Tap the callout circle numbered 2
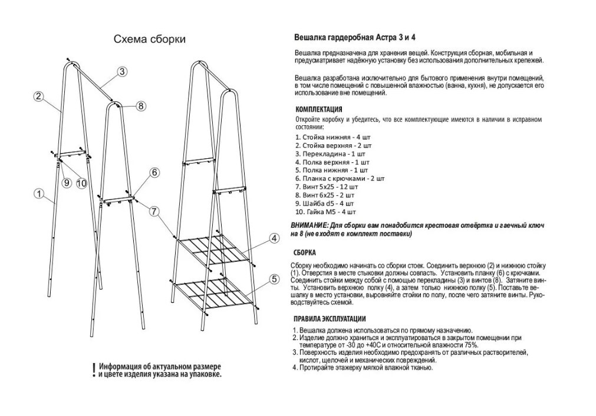tap(38, 96)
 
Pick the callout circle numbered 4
tap(274, 238)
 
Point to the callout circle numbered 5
tap(274, 279)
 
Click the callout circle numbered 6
tap(154, 172)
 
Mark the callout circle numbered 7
tap(154, 211)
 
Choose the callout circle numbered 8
tap(140, 106)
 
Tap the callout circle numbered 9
tap(66, 183)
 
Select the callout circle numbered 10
tap(81, 183)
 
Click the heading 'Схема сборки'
tap(149, 39)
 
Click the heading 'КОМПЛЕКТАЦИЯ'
tap(318, 109)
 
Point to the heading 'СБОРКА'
tap(305, 253)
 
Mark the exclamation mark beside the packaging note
tap(93, 370)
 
